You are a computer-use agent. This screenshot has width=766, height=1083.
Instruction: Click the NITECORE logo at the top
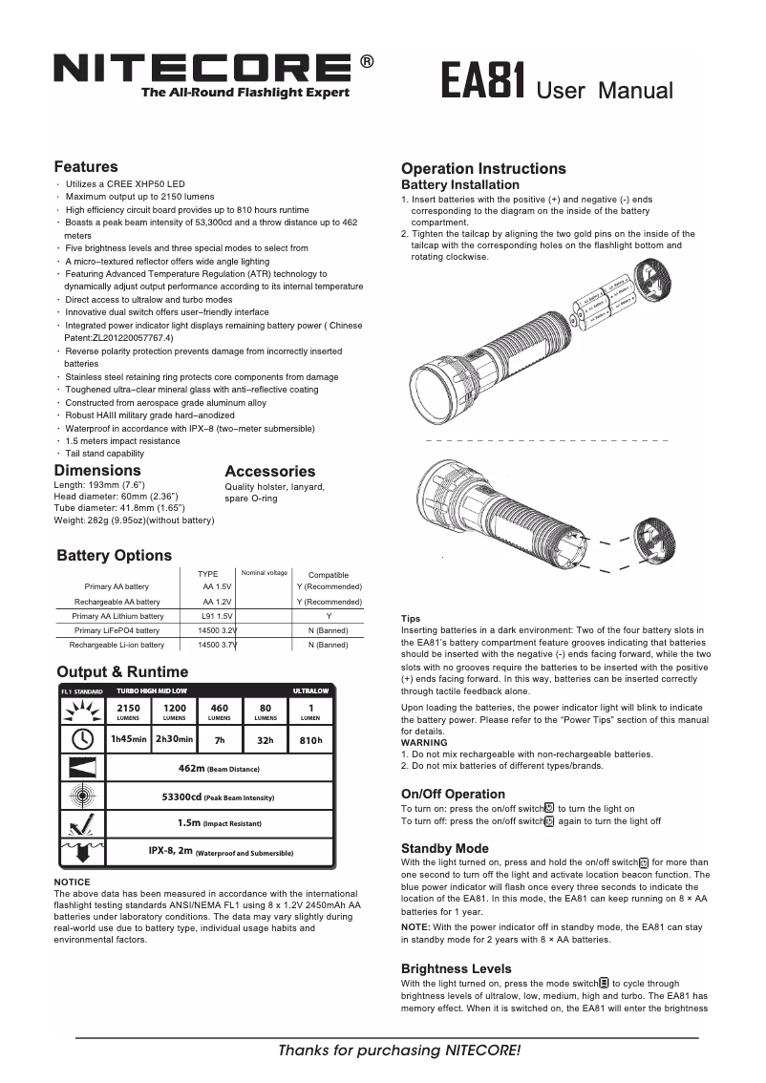(202, 68)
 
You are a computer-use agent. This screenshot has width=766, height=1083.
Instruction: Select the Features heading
(86, 167)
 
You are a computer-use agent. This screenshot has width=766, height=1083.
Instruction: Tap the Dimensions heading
(97, 470)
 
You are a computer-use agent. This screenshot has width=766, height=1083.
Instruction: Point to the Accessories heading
(269, 471)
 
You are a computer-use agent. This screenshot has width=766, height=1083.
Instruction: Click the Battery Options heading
(115, 556)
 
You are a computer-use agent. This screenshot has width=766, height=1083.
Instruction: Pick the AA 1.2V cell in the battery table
(217, 602)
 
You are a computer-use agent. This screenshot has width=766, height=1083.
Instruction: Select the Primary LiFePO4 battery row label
(117, 630)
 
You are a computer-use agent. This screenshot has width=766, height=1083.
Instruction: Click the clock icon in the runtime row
(82, 739)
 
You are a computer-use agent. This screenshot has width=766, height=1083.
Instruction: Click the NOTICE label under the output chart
(72, 881)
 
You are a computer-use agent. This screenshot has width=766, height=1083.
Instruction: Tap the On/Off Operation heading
(453, 794)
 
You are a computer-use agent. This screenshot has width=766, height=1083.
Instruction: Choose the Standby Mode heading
(444, 848)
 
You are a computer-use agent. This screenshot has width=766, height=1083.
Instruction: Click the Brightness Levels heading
(456, 968)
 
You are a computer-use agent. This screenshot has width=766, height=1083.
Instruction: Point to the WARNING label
(424, 742)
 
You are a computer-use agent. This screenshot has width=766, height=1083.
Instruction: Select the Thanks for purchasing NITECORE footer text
(399, 1051)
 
